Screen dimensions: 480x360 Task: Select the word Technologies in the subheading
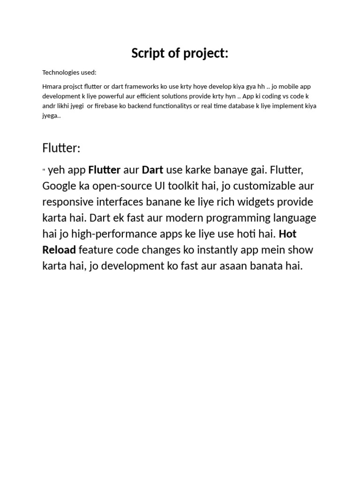pos(61,73)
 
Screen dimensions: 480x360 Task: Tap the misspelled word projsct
pos(73,87)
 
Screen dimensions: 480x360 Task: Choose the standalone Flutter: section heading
pos(61,149)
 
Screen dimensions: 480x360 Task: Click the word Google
pos(59,186)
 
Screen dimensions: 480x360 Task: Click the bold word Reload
pos(59,250)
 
